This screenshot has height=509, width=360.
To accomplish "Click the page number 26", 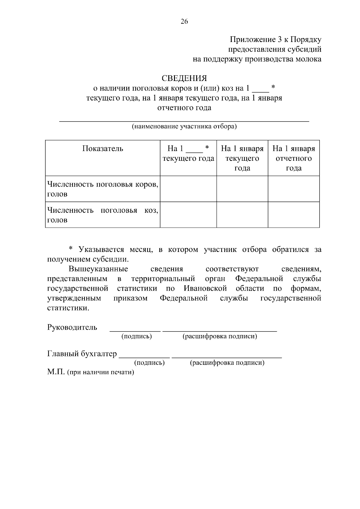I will (x=184, y=21).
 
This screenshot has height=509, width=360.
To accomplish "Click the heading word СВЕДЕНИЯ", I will (x=184, y=79).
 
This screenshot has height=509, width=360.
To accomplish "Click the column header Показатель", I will (x=103, y=149).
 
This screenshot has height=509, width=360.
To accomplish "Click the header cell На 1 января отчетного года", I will (x=293, y=158).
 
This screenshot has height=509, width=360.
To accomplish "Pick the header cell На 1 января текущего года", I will (x=242, y=158).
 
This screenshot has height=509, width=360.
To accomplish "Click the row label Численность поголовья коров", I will (x=103, y=189).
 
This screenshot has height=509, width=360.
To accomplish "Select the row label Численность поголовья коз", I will (x=103, y=215).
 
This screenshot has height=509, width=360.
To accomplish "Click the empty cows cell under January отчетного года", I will (x=293, y=189).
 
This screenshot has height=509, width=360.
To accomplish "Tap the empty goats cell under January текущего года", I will (x=242, y=215).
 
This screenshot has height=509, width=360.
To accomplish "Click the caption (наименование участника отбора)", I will (x=184, y=126).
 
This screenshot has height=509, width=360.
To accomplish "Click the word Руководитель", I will (x=72, y=327).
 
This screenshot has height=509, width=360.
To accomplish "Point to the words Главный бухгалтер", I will (x=82, y=354).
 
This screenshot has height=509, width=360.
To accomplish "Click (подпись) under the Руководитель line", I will (x=136, y=336).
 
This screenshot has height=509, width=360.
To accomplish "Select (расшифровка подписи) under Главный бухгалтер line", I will (x=227, y=363).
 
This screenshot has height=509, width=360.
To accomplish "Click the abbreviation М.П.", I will (x=56, y=372).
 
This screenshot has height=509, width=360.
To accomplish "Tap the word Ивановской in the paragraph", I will (x=205, y=289).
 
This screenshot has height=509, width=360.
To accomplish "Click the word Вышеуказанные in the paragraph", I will (x=98, y=269).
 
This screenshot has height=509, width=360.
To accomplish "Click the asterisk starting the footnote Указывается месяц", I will (x=71, y=249).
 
